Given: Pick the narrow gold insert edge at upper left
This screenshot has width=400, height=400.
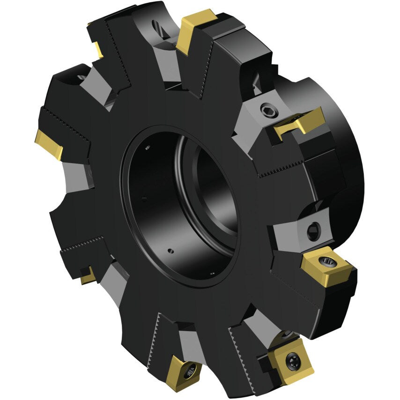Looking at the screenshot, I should click(x=98, y=48).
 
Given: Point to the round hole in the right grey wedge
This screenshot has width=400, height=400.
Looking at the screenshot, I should click(x=313, y=230).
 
